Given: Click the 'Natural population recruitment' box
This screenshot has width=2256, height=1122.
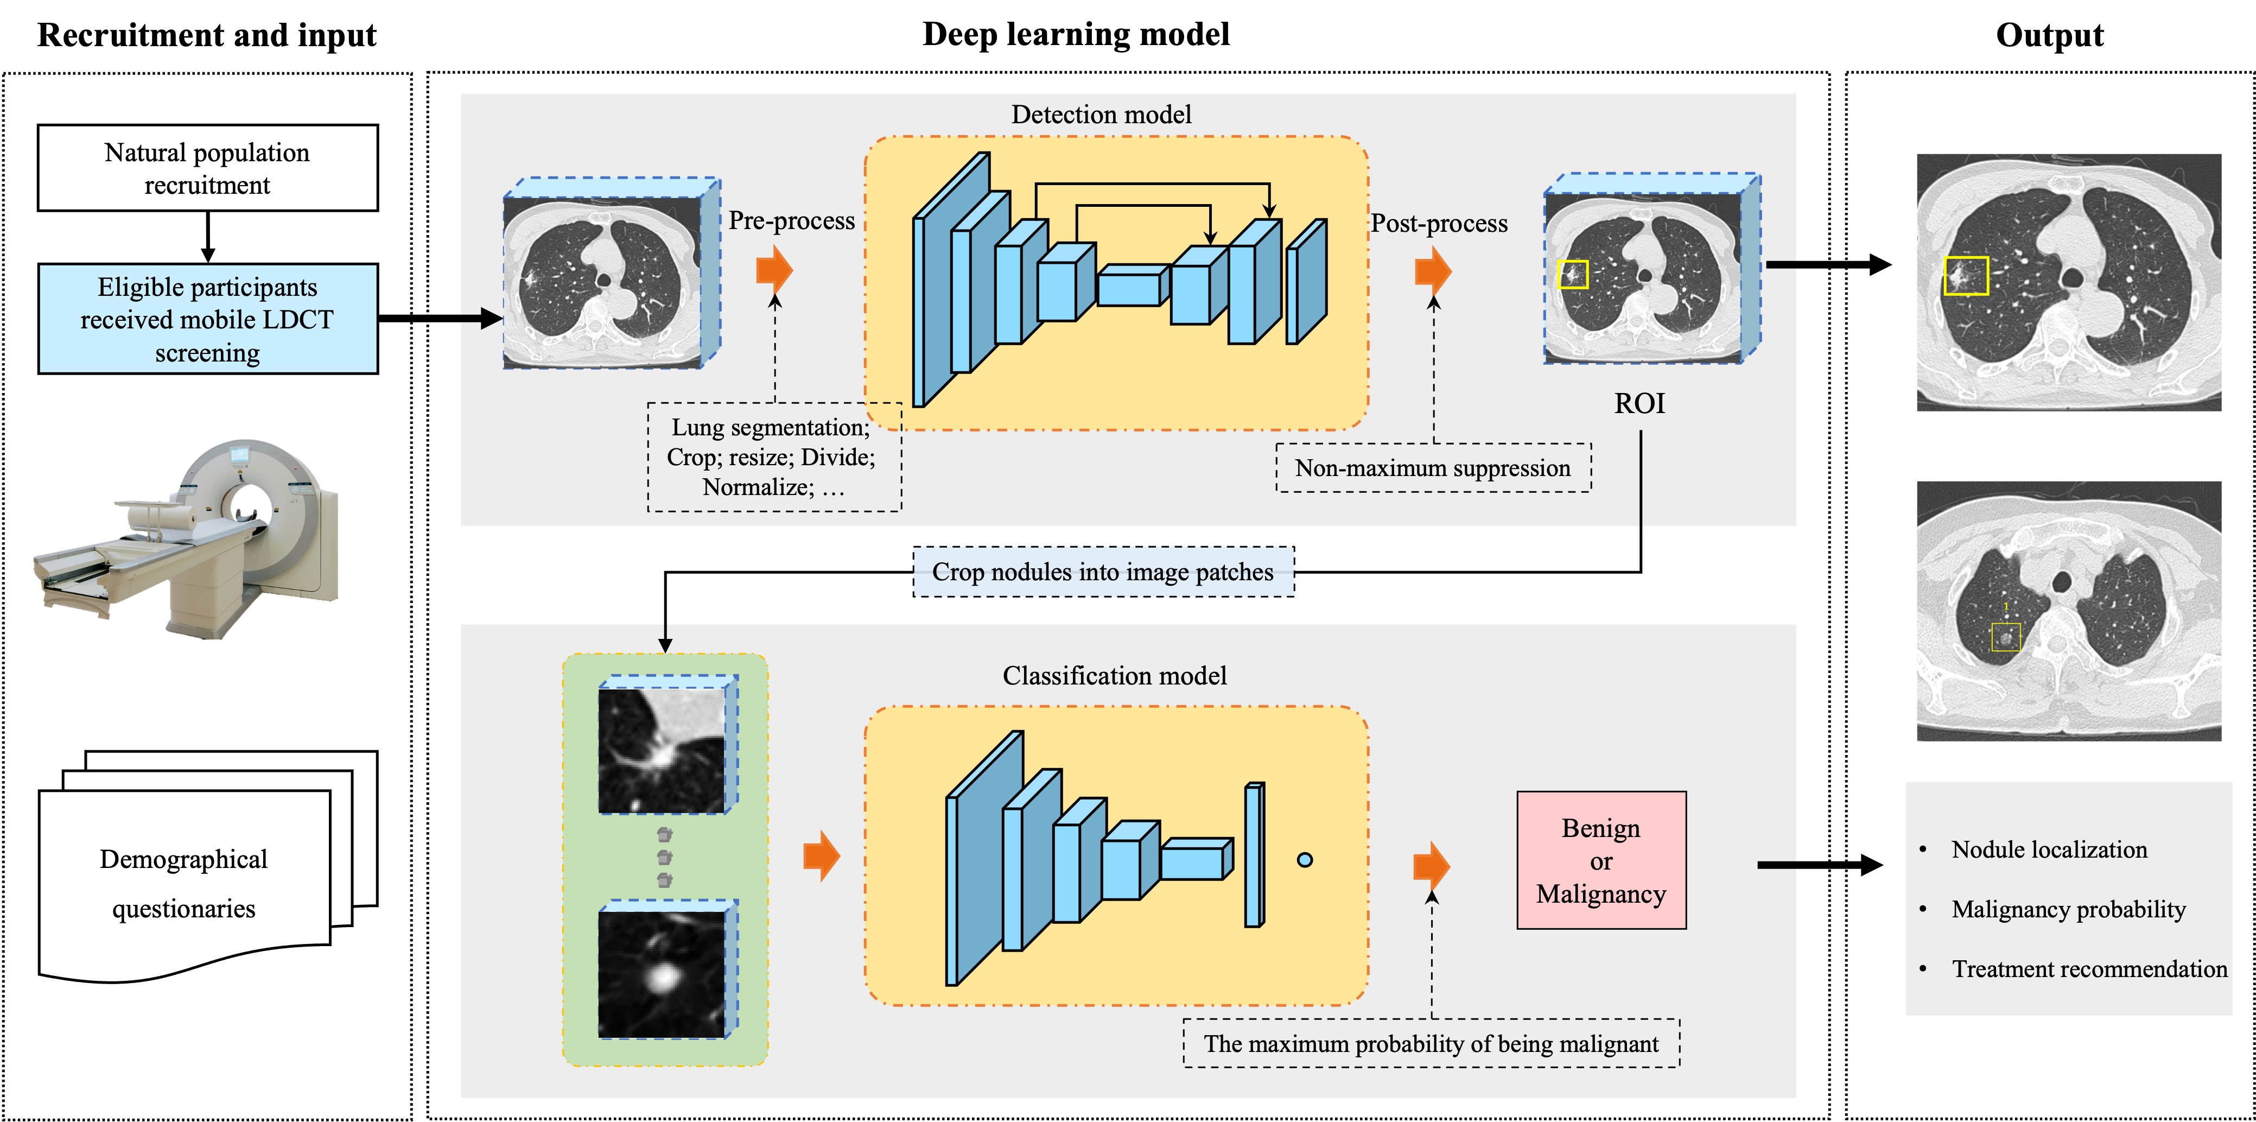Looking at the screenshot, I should pyautogui.click(x=207, y=168).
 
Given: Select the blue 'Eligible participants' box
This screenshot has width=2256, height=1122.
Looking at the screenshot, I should pyautogui.click(x=207, y=319).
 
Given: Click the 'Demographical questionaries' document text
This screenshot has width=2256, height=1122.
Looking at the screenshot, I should pyautogui.click(x=184, y=883).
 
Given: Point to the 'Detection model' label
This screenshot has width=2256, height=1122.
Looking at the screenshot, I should pyautogui.click(x=1101, y=115).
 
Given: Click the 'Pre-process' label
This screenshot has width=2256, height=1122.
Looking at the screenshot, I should pyautogui.click(x=791, y=221).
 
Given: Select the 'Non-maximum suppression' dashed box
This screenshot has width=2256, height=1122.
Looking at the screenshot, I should pyautogui.click(x=1433, y=468).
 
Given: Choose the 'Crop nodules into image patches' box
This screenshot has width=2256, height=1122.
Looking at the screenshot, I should pyautogui.click(x=1103, y=572).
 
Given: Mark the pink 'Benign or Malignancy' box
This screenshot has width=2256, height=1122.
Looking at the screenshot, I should pyautogui.click(x=1601, y=860).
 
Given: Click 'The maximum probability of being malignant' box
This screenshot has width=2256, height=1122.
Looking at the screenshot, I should pyautogui.click(x=1431, y=1043).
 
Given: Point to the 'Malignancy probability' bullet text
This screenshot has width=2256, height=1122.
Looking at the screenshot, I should pyautogui.click(x=2068, y=909).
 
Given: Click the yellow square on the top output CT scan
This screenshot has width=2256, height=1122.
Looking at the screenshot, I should pyautogui.click(x=1966, y=275).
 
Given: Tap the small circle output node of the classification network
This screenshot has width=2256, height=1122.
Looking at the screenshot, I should pyautogui.click(x=1305, y=860).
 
